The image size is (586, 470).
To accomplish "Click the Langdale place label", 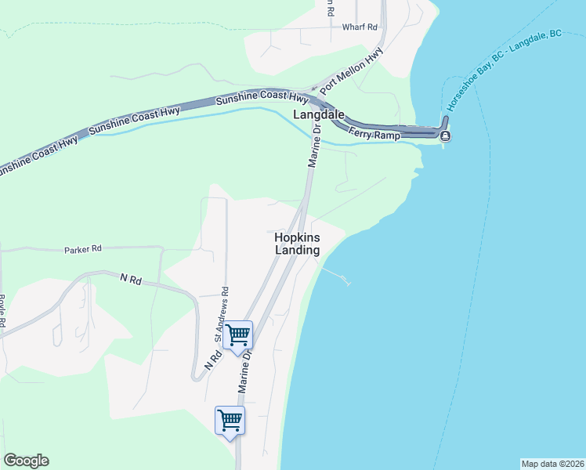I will click(319, 114).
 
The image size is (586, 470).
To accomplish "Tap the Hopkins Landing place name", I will click(298, 243).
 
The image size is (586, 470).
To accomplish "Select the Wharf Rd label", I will click(360, 27).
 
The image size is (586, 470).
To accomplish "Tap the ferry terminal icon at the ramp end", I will click(445, 136).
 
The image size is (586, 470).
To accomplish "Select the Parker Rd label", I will click(83, 249).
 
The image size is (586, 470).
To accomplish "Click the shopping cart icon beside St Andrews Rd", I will click(237, 335).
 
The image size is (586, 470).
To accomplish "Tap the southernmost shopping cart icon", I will click(230, 420).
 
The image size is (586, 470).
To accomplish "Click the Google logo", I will click(26, 461).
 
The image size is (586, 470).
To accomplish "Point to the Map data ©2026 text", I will click(552, 463).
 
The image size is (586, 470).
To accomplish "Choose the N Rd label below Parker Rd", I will click(131, 278).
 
